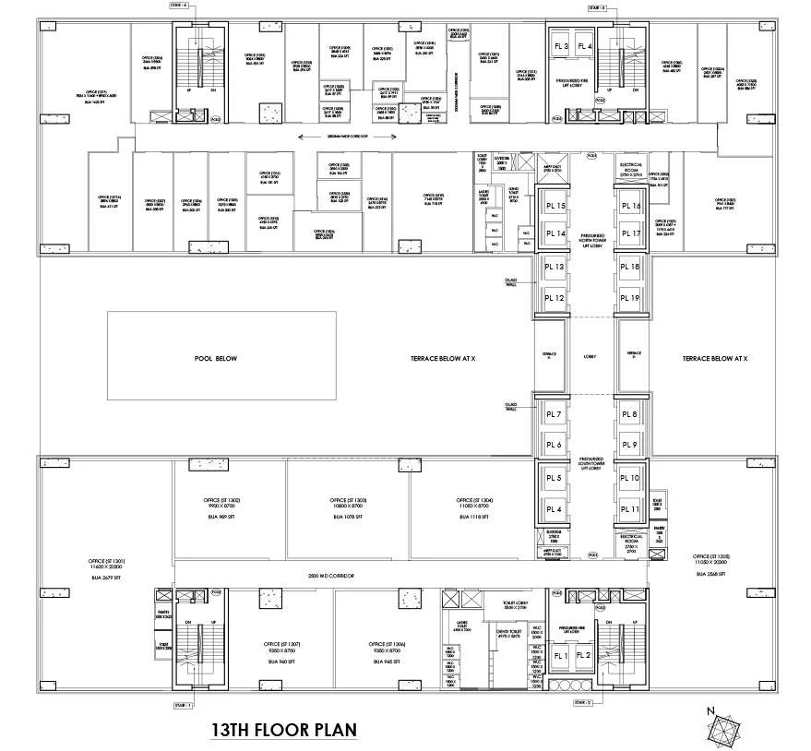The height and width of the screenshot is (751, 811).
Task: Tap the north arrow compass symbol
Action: (x=722, y=730)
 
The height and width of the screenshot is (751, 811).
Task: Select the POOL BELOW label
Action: (x=215, y=358)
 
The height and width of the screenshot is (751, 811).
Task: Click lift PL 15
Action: (x=555, y=207)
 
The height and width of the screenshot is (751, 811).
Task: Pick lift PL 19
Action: (x=630, y=298)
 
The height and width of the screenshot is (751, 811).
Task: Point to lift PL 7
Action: (x=554, y=415)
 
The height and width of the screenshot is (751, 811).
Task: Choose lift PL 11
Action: (x=630, y=509)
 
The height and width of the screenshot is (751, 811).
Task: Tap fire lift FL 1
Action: (x=559, y=655)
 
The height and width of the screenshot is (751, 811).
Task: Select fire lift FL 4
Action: (x=583, y=46)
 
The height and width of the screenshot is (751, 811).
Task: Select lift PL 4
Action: (x=554, y=509)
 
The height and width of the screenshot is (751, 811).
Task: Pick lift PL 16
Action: (x=630, y=207)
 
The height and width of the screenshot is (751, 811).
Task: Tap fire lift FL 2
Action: (x=584, y=655)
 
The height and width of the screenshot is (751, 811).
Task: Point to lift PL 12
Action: (x=555, y=298)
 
